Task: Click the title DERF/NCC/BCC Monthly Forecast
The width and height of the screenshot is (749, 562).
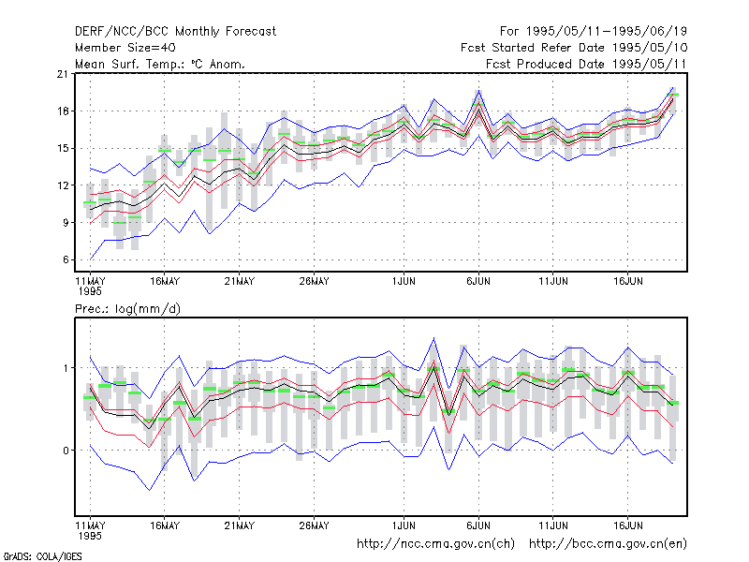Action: pos(175,32)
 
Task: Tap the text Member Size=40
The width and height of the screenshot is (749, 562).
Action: pos(125,48)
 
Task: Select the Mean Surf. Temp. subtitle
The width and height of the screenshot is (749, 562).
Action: pos(159,64)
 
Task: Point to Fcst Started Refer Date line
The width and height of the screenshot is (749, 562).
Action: pos(574,48)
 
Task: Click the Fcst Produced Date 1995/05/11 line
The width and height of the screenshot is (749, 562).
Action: pos(586,64)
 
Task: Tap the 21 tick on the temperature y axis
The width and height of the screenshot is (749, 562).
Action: pos(63,74)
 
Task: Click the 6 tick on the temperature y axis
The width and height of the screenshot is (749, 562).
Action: pos(66,260)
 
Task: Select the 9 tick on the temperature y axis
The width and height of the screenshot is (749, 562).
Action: pos(66,223)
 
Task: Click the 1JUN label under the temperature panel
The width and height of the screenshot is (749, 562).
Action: pos(404,282)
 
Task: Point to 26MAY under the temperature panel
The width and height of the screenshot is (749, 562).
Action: pos(314,282)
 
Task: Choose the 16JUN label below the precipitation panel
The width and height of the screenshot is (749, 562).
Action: pos(627,525)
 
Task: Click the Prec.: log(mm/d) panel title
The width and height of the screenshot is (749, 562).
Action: pos(127,309)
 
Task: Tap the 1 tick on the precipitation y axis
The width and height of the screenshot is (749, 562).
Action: pos(66,368)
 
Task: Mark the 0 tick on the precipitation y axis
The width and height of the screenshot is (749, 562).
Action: pos(66,451)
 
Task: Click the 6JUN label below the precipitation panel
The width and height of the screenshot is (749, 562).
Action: pos(478,525)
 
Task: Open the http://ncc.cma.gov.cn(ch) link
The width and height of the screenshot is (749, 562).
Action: pos(435,544)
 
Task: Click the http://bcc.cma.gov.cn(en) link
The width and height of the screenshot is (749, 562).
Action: pos(608,544)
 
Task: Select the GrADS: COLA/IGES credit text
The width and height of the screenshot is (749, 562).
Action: pos(42,556)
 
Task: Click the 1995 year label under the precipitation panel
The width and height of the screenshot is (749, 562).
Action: pos(90,536)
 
